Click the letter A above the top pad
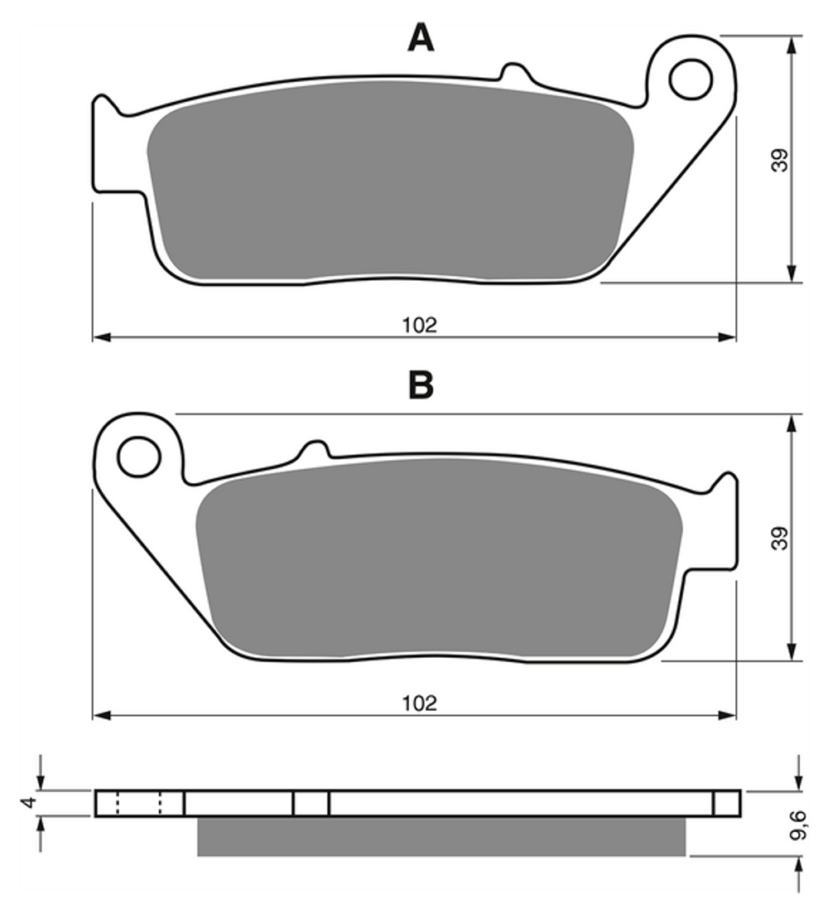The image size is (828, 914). click(x=421, y=38)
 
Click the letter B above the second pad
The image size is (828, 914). click(x=421, y=384)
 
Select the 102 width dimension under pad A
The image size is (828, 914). click(x=419, y=325)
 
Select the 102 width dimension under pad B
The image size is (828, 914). click(x=419, y=703)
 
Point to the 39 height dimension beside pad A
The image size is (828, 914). click(x=780, y=160)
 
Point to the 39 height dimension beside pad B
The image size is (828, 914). click(x=780, y=538)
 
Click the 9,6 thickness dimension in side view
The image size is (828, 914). click(x=798, y=825)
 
